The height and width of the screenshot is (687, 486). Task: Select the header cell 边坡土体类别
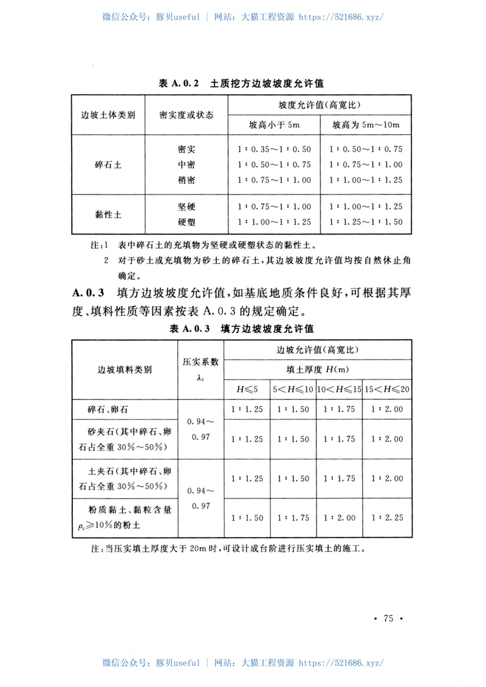click(x=108, y=115)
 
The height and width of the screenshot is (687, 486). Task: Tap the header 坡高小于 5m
click(x=275, y=125)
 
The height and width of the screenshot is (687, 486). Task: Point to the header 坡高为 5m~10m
click(x=366, y=125)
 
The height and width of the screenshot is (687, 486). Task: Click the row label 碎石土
click(x=108, y=165)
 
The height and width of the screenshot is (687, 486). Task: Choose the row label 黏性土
click(x=108, y=214)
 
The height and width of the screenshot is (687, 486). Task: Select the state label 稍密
click(x=187, y=180)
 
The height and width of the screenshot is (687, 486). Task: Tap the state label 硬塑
click(x=187, y=222)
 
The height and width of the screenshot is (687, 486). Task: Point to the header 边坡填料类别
click(x=125, y=369)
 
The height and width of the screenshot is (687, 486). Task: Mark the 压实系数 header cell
click(x=200, y=369)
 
